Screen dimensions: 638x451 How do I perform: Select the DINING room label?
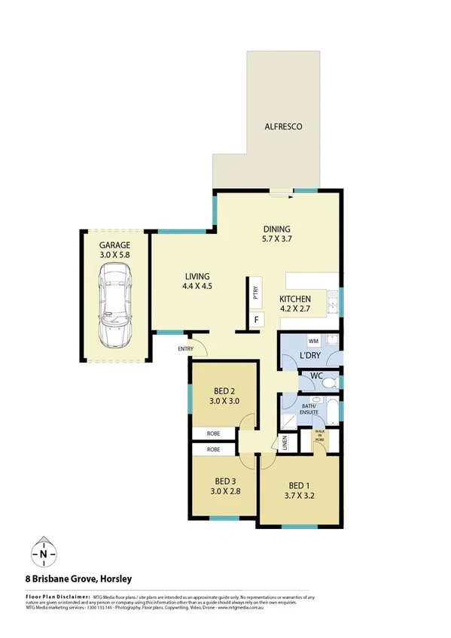pos(276,229)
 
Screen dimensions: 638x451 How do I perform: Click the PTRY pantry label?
pos(255,294)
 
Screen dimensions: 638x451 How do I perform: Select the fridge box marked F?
pos(256,320)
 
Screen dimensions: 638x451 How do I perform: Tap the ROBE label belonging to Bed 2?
pos(214,433)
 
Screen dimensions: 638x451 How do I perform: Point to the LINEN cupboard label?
pos(285,443)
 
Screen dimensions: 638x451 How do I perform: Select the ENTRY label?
pos(185,348)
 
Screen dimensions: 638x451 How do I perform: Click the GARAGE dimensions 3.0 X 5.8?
pos(115,256)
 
